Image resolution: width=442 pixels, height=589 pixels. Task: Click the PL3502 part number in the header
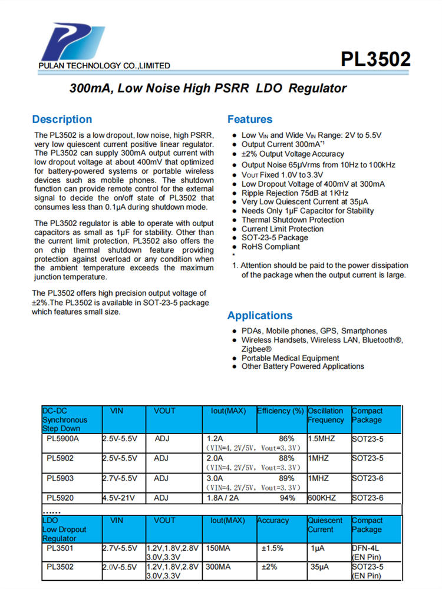click(375, 59)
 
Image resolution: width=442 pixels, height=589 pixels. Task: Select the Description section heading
click(62, 120)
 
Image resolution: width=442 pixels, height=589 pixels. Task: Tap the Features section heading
click(250, 120)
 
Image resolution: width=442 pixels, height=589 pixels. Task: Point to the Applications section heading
click(260, 315)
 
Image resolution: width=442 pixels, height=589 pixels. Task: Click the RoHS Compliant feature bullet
click(271, 247)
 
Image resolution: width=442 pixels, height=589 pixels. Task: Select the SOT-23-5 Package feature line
click(275, 238)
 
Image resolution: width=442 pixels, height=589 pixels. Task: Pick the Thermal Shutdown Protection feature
click(293, 220)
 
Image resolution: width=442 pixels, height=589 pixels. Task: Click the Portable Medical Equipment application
click(291, 358)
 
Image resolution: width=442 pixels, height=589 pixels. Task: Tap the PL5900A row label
click(62, 439)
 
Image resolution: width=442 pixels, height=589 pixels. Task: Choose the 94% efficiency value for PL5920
click(288, 498)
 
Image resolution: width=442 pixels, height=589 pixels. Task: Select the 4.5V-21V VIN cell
click(119, 498)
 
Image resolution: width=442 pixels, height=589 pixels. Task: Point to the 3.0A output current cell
click(216, 478)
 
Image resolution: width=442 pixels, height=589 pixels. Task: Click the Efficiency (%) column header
click(281, 411)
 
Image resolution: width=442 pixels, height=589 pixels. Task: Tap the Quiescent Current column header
click(325, 525)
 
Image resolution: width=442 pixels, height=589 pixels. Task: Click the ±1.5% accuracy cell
click(272, 548)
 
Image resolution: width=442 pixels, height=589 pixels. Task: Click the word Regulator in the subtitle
click(318, 89)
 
